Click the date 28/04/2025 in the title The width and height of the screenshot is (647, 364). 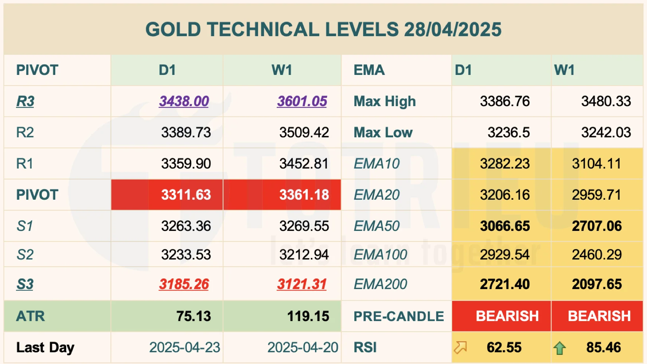453,30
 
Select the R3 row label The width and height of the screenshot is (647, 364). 25,101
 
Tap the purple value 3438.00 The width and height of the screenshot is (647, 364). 184,101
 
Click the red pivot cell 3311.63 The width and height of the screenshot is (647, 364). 186,195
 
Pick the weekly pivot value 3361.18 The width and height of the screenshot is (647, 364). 304,195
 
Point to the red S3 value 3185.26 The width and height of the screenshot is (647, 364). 184,284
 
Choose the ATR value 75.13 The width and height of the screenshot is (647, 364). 193,316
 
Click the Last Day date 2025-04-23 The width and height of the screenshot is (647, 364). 185,347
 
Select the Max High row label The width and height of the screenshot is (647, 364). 384,101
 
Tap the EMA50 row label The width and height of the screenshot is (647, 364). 376,226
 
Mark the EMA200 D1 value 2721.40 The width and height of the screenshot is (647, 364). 505,284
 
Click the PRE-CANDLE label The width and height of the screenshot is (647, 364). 398,316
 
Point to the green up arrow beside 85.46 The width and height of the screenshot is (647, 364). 559,348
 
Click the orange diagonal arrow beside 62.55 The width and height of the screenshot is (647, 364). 460,347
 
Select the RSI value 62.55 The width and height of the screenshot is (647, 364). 504,347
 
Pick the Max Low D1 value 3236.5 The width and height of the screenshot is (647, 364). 508,132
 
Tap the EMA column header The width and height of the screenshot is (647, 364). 369,70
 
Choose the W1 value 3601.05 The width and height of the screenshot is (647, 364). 302,101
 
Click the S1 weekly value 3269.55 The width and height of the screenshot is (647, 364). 304,226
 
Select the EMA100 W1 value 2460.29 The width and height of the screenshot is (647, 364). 596,254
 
